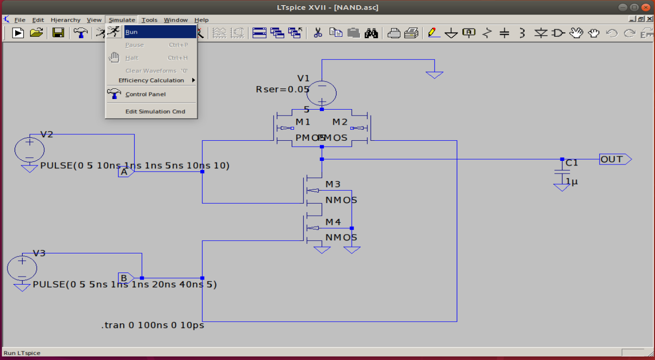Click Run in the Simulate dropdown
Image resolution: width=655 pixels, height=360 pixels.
pos(132,32)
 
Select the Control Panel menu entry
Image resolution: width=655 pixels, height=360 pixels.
pos(145,94)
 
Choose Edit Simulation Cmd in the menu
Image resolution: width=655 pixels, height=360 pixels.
pos(155,112)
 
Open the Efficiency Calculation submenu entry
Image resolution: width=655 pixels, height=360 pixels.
pos(151,80)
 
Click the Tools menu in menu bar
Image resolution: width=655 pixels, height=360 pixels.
pos(149,20)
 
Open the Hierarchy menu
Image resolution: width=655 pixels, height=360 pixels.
pos(65,20)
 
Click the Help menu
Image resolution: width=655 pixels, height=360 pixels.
pos(201,20)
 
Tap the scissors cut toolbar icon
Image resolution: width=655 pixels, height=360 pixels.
pos(317,33)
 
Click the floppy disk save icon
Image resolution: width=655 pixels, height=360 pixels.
pos(58,33)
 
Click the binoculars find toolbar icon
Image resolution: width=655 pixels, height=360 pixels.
pos(371,33)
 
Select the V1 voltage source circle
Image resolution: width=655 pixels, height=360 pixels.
pos(321,93)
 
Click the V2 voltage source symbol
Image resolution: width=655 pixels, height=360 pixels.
pos(30,149)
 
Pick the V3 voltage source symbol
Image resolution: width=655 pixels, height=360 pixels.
pos(22,268)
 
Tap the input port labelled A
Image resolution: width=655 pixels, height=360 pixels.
pos(125,172)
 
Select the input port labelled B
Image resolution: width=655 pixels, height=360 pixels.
pos(126,278)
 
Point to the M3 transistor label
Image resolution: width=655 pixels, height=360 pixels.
pos(333,185)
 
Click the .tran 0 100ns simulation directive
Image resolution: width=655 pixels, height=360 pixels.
pos(152,325)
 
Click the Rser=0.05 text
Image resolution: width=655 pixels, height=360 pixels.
pos(282,89)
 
